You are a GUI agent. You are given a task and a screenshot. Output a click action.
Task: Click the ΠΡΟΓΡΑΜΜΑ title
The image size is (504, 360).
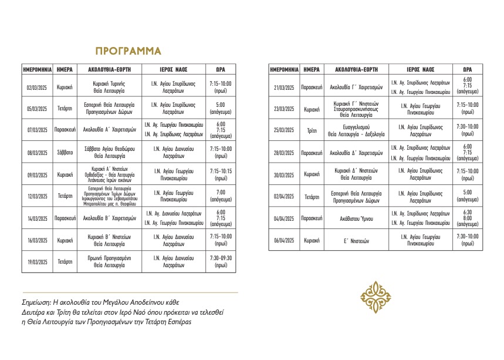128,51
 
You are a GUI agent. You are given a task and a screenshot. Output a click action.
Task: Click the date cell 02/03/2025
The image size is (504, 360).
37,87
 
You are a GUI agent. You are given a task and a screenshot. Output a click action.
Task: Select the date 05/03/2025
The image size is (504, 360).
37,108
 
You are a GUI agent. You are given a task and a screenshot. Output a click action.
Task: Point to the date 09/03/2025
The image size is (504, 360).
37,174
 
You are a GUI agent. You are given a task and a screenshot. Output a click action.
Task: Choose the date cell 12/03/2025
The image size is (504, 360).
37,196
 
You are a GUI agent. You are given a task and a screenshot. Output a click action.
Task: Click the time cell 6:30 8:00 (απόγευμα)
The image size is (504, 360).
468,218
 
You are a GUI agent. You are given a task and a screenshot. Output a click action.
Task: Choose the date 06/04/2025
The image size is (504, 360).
284,240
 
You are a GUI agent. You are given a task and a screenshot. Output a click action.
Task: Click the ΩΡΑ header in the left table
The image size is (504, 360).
221,69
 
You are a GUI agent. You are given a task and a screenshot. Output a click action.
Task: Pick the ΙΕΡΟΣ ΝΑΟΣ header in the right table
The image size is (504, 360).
420,69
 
